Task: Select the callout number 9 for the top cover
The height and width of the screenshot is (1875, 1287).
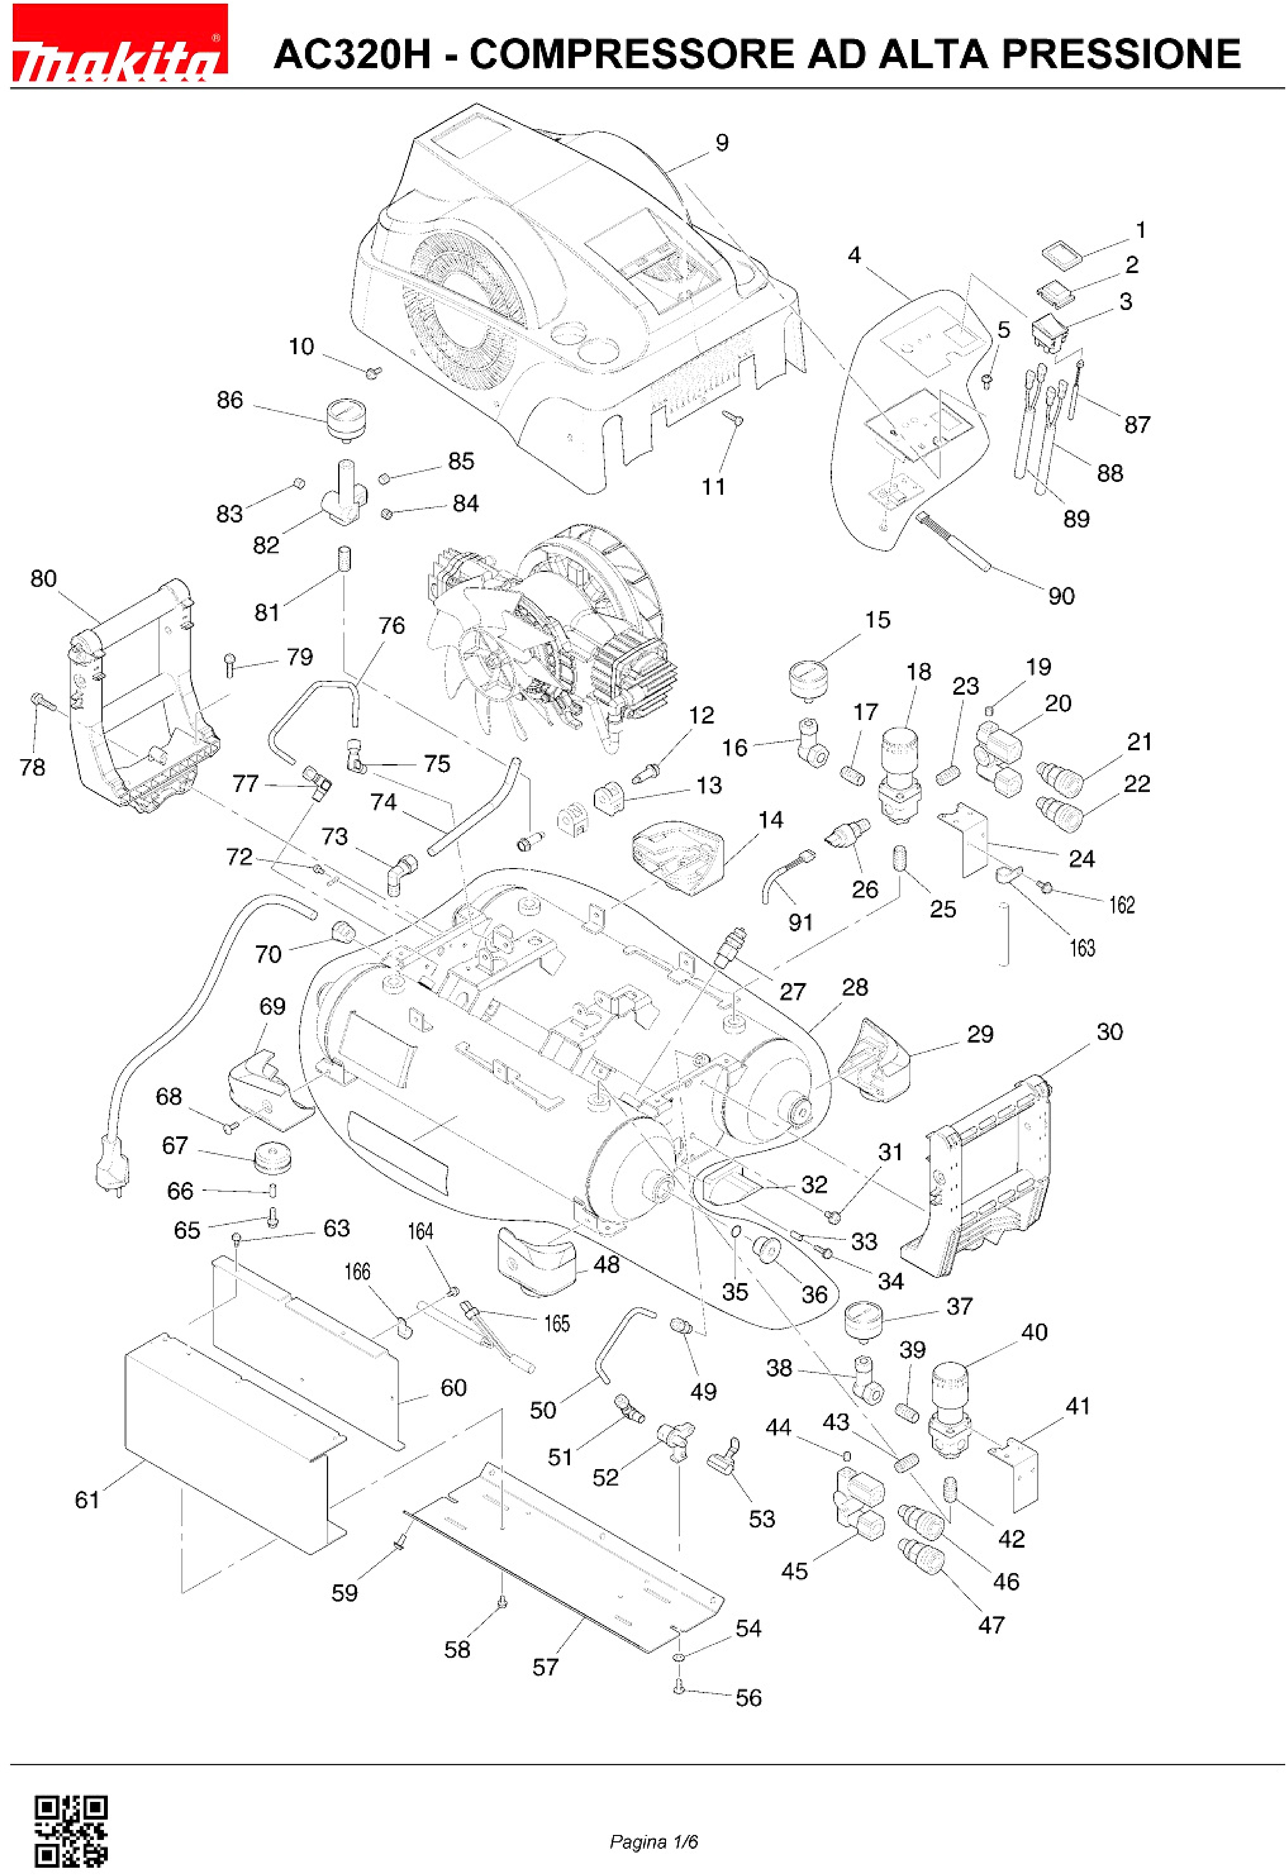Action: tap(721, 143)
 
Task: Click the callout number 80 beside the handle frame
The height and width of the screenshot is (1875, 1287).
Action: tap(44, 579)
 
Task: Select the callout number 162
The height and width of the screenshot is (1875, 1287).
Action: tap(1122, 905)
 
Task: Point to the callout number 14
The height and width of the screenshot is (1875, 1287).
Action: tap(771, 820)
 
